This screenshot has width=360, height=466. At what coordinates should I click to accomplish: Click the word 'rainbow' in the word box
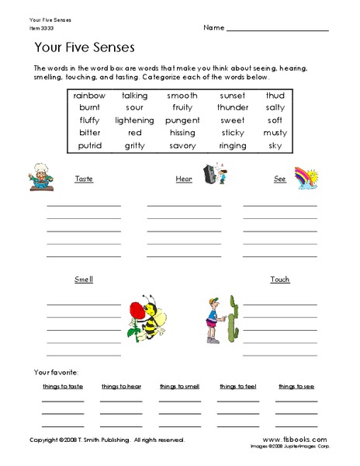point(88,95)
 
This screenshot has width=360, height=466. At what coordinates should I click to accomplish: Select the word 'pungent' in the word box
point(182,120)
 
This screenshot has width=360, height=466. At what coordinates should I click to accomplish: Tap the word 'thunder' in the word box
point(232,107)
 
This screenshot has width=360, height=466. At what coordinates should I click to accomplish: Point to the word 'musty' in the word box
point(275,133)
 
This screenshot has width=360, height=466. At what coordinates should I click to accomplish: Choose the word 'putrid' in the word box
point(88,145)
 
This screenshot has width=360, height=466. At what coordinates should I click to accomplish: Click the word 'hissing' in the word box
point(182,133)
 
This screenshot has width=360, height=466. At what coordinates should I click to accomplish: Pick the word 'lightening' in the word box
point(134,120)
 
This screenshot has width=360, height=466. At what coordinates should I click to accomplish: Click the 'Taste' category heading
point(84,179)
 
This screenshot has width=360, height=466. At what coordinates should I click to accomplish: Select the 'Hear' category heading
point(184,179)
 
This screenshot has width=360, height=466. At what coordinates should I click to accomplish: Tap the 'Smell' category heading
point(84,279)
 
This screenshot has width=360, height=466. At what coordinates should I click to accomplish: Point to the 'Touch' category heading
point(280,279)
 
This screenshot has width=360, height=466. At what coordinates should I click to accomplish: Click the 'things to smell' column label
point(179,386)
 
